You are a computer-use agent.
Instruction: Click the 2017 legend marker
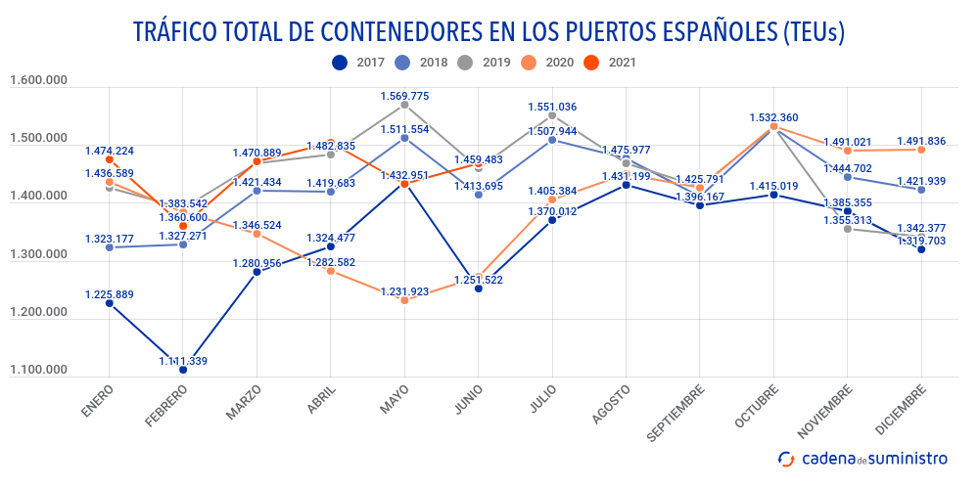pos(339,62)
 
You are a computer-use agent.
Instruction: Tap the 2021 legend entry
pos(611,62)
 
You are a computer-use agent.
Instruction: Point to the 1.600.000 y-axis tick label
pos(38,81)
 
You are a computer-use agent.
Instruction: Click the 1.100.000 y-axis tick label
pos(38,370)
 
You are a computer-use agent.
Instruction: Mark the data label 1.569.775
pos(404,96)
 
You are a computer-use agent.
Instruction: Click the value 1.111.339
pos(183,361)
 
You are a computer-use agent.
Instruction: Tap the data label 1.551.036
pos(552,107)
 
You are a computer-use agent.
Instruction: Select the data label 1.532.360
pos(773,117)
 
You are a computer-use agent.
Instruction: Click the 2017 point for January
pos(110,303)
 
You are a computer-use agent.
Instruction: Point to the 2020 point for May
pos(404,300)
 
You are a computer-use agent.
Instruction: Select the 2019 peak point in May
pos(404,105)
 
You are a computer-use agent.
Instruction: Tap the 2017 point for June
pos(479,289)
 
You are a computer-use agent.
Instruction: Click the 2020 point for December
pos(921,150)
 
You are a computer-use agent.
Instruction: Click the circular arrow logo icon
pos(785,458)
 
